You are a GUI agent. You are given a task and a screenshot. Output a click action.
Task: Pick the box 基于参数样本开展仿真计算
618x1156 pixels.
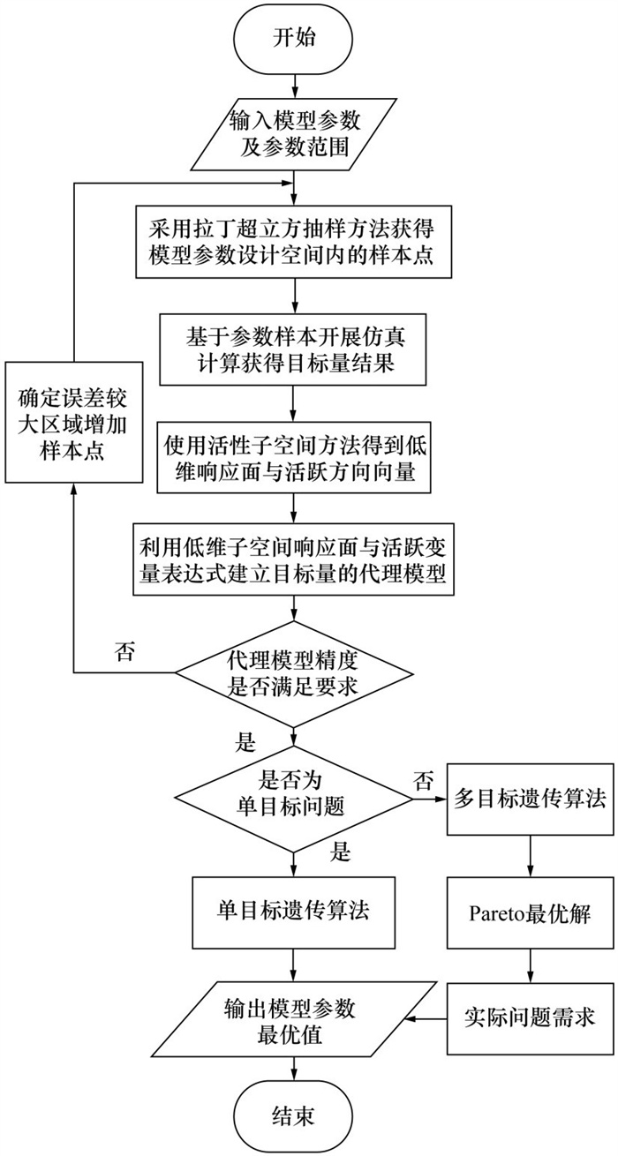295,350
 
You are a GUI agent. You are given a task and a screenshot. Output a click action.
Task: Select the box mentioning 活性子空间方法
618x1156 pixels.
295,460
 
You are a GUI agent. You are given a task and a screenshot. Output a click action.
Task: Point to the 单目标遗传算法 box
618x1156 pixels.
295,910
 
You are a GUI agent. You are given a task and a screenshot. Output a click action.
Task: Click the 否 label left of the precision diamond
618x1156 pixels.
125,651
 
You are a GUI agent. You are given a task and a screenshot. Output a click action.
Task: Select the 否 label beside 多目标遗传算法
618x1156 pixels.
423,779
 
